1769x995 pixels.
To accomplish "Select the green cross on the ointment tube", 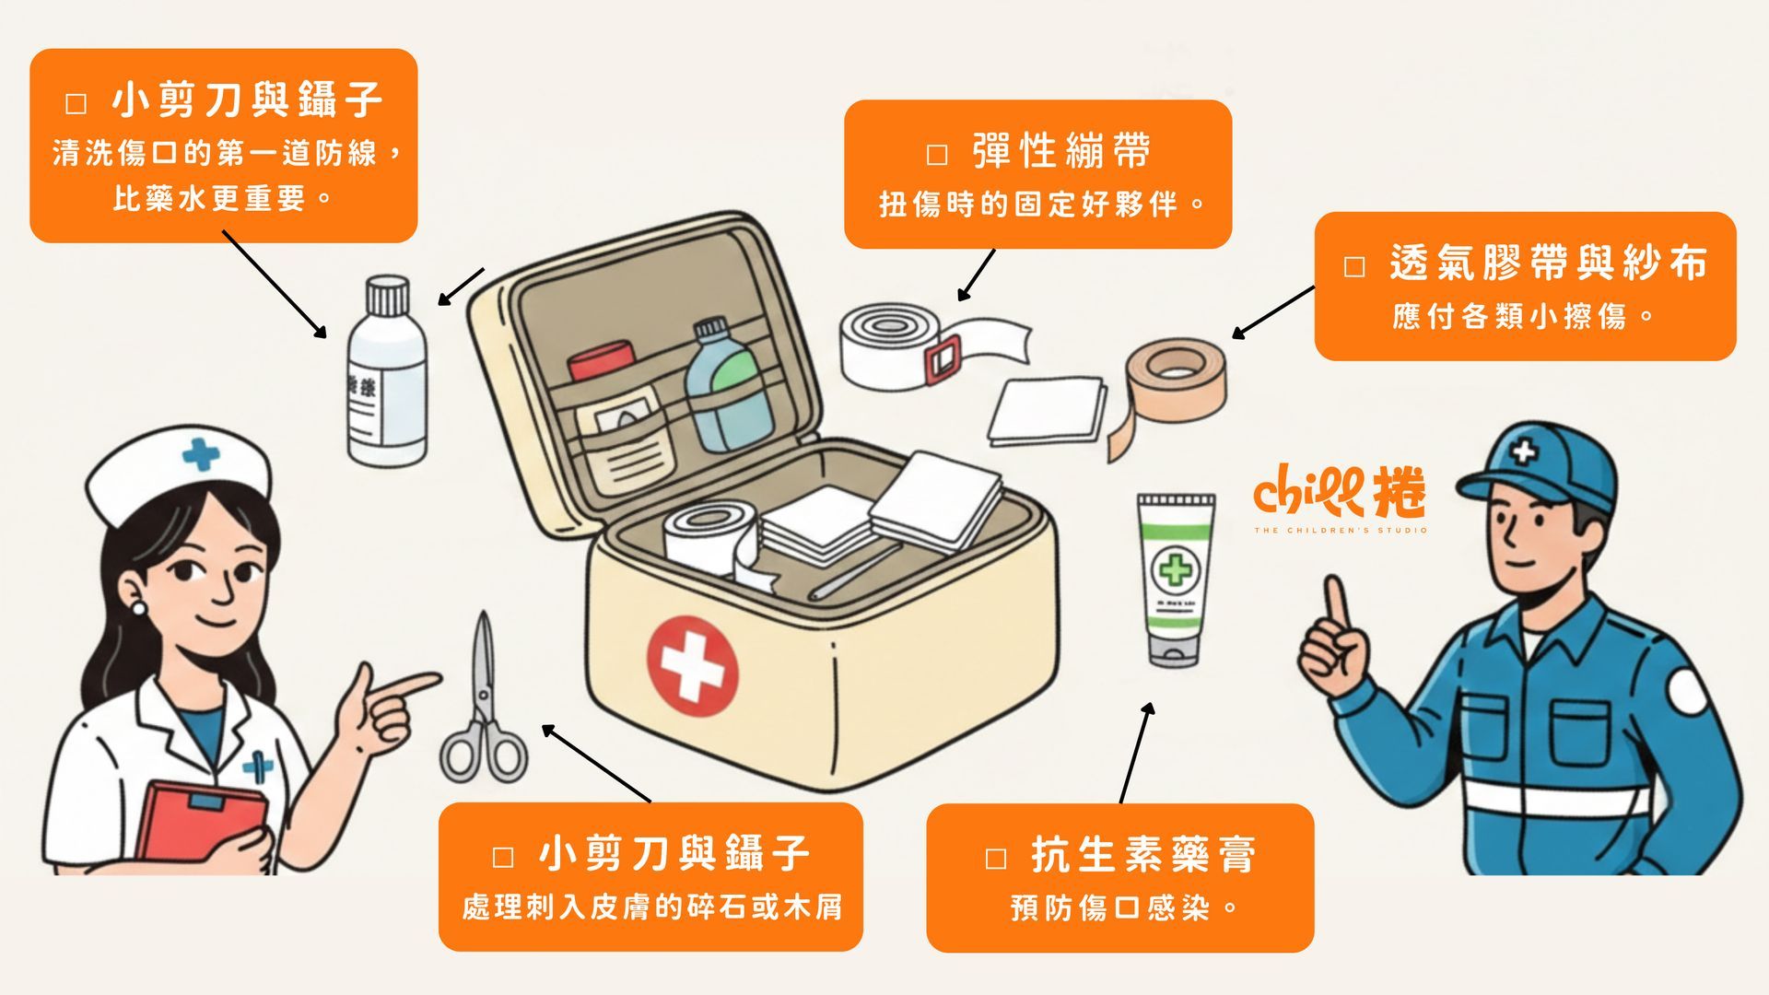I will pyautogui.click(x=1175, y=569).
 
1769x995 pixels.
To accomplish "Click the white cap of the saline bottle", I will pyautogui.click(x=387, y=295).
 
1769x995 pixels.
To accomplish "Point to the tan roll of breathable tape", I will pyautogui.click(x=1177, y=378).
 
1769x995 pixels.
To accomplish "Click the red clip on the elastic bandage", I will pyautogui.click(x=943, y=358).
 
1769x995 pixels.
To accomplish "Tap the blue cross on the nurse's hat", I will pyautogui.click(x=201, y=453).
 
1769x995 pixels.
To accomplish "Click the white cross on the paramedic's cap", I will pyautogui.click(x=1524, y=451).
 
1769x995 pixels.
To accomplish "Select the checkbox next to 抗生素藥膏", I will pyautogui.click(x=996, y=859).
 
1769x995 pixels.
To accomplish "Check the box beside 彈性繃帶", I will pyautogui.click(x=937, y=154).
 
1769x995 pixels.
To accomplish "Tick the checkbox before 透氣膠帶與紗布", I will pyautogui.click(x=1354, y=267).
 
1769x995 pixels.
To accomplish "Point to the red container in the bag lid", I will pyautogui.click(x=601, y=360).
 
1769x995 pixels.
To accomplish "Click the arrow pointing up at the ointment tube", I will pyautogui.click(x=1135, y=751).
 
